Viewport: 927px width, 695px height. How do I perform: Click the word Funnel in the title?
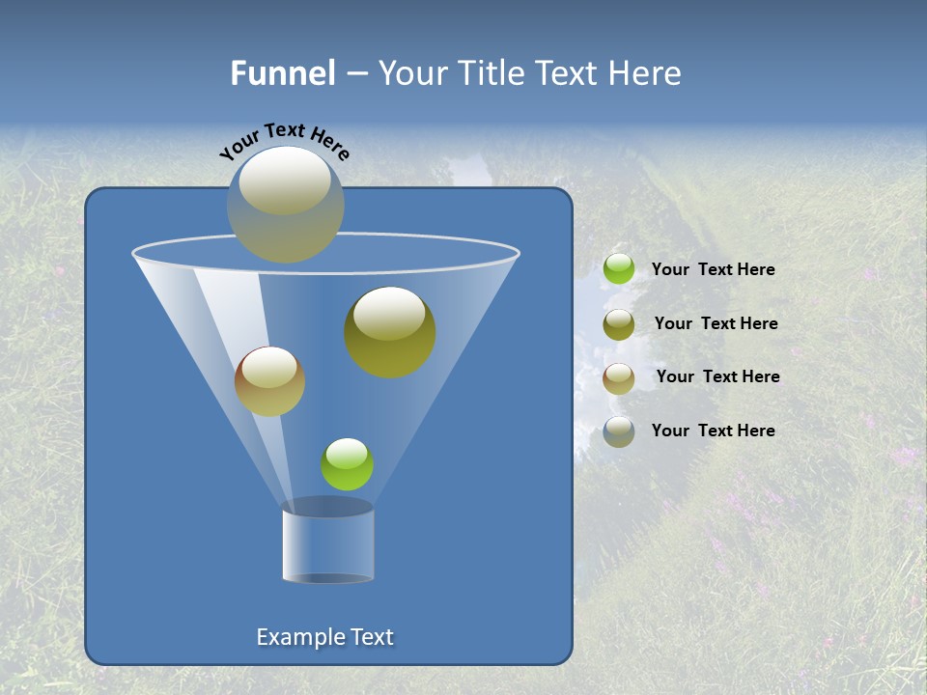[x=283, y=73]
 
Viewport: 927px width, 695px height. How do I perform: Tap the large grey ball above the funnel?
[x=286, y=204]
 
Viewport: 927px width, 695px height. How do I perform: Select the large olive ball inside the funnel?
[x=390, y=332]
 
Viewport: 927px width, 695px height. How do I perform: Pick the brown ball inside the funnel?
[x=270, y=381]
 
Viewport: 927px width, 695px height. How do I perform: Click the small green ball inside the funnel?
[x=347, y=464]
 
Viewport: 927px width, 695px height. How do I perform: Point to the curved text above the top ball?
[x=285, y=139]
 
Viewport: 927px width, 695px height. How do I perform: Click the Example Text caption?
[x=325, y=637]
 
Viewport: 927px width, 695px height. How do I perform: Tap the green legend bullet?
[x=619, y=268]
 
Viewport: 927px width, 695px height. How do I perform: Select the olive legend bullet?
[x=619, y=324]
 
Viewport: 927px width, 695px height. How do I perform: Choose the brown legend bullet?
[x=619, y=378]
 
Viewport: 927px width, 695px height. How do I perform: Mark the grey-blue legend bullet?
[x=619, y=431]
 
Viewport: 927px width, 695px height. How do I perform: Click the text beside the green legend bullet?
[x=713, y=269]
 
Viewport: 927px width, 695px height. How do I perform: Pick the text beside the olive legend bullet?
[x=716, y=323]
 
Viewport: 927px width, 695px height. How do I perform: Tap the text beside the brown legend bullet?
[x=717, y=376]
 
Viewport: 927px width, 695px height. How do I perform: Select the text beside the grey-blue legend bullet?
[x=713, y=431]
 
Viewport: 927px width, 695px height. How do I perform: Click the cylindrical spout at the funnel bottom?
[x=328, y=542]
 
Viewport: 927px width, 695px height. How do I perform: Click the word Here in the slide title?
[x=645, y=73]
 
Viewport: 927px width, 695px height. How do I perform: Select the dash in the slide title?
[x=356, y=73]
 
